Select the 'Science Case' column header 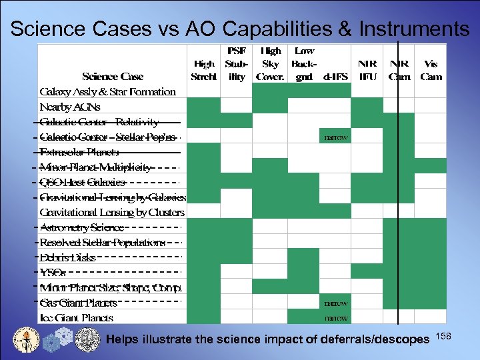113,76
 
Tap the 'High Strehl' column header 203,70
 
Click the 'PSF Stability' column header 235,63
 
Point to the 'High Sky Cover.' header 270,63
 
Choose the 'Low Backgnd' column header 303,63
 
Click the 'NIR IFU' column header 367,70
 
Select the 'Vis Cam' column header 431,70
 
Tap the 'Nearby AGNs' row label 70,107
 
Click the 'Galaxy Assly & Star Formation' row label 107,91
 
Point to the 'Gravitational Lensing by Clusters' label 112,212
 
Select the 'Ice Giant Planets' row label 76,318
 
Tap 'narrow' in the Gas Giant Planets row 335,303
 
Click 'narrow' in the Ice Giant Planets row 335,318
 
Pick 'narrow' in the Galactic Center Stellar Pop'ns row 335,137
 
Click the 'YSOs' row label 53,273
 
